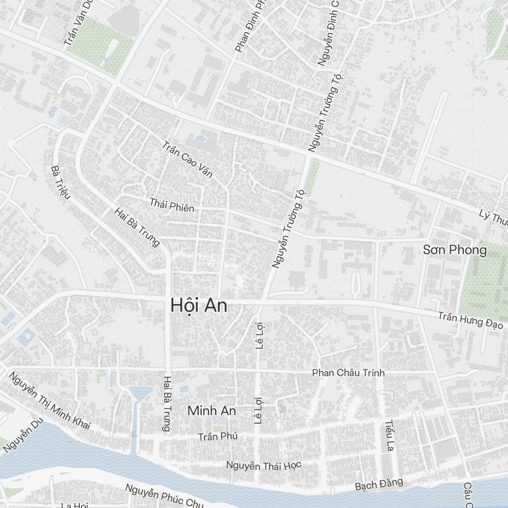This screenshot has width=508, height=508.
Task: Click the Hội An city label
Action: pyautogui.click(x=199, y=306)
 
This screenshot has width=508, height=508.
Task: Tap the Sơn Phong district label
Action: pyautogui.click(x=455, y=250)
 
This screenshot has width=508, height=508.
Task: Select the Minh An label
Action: pyautogui.click(x=212, y=411)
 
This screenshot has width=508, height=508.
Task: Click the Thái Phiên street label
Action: pyautogui.click(x=172, y=205)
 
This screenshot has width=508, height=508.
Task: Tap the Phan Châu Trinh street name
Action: pyautogui.click(x=348, y=373)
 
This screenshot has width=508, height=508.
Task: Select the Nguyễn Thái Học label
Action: pyautogui.click(x=264, y=465)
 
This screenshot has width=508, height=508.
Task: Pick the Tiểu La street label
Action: pyautogui.click(x=390, y=435)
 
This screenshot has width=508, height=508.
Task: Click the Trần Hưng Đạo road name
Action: pyautogui.click(x=470, y=320)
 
